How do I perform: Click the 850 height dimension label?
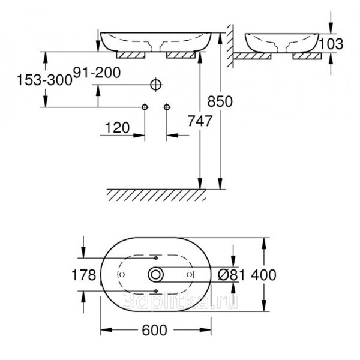(x=220, y=101)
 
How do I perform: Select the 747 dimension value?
(x=200, y=121)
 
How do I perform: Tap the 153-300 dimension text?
(x=45, y=80)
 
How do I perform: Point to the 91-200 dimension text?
(x=97, y=73)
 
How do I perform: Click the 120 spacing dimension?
(x=118, y=128)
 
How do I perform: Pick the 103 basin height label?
(x=331, y=44)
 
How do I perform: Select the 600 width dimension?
(x=154, y=330)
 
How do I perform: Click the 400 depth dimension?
(x=263, y=275)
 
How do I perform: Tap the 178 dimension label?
(x=84, y=275)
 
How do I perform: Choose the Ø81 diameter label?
(x=231, y=275)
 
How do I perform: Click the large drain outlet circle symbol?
(x=156, y=85)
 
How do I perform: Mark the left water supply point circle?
(x=145, y=107)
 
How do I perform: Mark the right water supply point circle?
(x=167, y=107)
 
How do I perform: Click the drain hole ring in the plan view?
(x=156, y=267)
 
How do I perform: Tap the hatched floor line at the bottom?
(x=156, y=195)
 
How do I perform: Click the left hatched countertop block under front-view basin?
(x=131, y=55)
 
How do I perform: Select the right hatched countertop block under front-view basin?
(x=181, y=55)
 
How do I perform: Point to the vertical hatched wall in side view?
(x=230, y=46)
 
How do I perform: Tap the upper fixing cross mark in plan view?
(x=156, y=258)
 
